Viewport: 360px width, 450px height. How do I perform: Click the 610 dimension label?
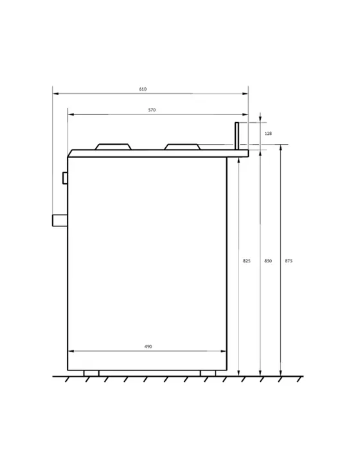(x=143, y=89)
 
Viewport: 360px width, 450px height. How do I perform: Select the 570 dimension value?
(x=152, y=110)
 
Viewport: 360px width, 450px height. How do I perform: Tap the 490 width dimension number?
(x=148, y=346)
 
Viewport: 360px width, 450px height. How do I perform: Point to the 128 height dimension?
(x=268, y=134)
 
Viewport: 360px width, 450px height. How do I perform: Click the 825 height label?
(x=247, y=261)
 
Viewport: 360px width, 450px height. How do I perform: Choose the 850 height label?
(x=268, y=261)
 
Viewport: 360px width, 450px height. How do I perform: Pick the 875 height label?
(x=289, y=261)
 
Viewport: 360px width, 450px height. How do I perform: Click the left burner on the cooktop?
(x=113, y=147)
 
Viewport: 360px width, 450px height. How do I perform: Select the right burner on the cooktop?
(x=183, y=147)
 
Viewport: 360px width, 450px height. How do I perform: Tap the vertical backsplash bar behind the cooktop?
(x=237, y=136)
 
